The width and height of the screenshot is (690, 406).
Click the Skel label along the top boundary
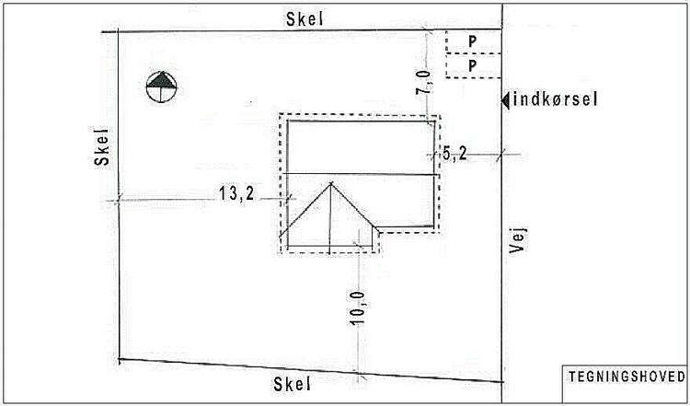[305, 19]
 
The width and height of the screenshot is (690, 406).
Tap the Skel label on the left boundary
[102, 146]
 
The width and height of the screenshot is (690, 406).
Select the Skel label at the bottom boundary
[293, 384]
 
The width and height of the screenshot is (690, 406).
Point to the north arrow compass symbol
[162, 87]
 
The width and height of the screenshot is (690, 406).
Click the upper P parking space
[473, 41]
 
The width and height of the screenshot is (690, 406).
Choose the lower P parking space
[473, 66]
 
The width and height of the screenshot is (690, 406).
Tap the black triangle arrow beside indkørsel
[506, 100]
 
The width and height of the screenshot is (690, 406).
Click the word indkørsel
[556, 100]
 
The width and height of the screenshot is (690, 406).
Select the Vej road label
[517, 240]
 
